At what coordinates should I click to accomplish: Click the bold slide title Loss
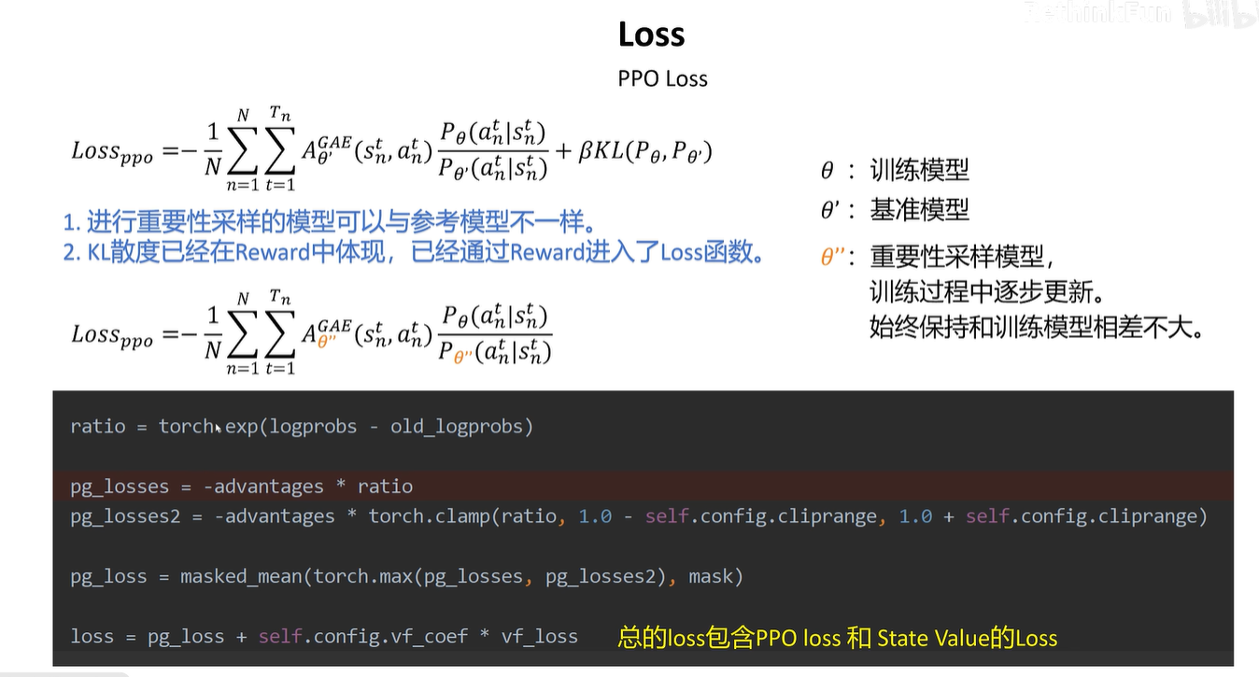tap(651, 35)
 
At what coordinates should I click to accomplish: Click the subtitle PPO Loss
tap(662, 78)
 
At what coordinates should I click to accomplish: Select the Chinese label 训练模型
tap(919, 170)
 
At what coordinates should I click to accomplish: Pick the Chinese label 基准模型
tap(919, 209)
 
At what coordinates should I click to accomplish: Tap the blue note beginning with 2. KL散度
tap(412, 252)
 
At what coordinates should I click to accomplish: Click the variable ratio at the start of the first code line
tap(97, 427)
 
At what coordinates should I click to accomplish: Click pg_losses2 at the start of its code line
tap(124, 516)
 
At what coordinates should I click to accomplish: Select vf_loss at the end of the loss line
tap(539, 637)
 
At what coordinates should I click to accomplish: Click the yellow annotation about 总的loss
tap(837, 639)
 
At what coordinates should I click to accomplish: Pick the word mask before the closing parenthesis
tap(710, 577)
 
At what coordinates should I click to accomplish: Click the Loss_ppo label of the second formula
tap(112, 336)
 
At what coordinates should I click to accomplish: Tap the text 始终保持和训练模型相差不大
tap(1035, 329)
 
